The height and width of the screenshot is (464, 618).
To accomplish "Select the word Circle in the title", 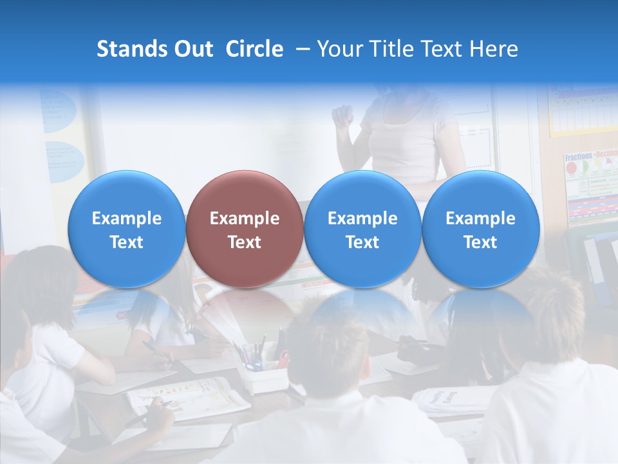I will tap(254, 49).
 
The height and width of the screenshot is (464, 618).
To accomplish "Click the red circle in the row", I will tap(245, 229).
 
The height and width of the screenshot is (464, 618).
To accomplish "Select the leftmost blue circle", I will tap(127, 229).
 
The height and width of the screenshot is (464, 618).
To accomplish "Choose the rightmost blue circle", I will tap(480, 229).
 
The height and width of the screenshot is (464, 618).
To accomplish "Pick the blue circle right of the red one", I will tap(362, 229).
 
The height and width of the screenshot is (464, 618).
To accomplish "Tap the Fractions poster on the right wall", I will tap(590, 187).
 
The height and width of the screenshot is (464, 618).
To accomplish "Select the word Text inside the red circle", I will tap(245, 242).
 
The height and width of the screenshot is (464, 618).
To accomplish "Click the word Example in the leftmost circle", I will tap(127, 218).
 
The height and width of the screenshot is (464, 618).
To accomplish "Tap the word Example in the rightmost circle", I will tap(480, 218).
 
